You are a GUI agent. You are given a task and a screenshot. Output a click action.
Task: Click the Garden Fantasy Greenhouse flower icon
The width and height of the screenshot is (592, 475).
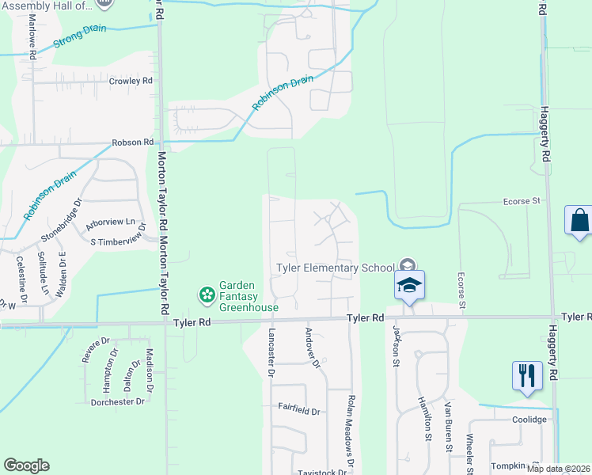pos(207,295)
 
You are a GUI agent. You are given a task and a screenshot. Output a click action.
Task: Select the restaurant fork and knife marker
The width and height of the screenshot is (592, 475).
pos(527,375)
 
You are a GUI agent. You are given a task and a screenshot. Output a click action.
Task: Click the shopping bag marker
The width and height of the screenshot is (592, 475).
pos(579,219)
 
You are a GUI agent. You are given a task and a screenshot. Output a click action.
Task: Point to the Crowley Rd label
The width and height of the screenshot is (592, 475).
pos(131,82)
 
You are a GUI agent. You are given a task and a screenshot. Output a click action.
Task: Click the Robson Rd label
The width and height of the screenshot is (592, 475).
pos(132,142)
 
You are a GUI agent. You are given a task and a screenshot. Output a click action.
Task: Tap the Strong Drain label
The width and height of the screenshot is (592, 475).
pos(79,38)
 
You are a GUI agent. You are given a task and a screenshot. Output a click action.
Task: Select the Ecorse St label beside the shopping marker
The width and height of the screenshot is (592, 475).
pos(522,202)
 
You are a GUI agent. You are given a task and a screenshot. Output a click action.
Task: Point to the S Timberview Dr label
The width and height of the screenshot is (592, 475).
pos(119,241)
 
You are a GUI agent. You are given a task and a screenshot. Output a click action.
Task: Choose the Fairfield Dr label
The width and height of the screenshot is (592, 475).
pos(298,412)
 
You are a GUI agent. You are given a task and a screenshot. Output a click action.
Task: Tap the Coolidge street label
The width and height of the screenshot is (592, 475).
pos(529,420)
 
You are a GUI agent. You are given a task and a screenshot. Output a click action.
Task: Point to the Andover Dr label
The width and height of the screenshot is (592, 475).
pos(312,349)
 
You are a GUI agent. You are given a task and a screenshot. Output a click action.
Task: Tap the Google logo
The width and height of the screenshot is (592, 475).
pos(26,465)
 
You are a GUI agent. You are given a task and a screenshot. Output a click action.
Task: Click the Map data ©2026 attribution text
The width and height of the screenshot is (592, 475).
pos(558,469)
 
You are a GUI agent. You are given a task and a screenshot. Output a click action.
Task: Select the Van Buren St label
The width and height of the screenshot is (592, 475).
pos(449,425)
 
